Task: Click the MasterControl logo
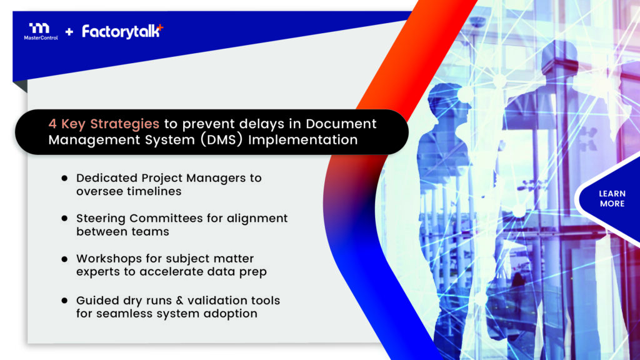(41, 31)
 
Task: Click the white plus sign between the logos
(69, 32)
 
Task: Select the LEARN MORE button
(612, 199)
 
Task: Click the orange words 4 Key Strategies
(104, 124)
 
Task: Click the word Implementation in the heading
(303, 140)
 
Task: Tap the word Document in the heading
(341, 124)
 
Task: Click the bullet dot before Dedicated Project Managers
(64, 178)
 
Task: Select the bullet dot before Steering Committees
(64, 218)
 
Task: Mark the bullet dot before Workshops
(64, 259)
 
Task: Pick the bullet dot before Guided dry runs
(64, 301)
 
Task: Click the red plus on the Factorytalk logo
(161, 27)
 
